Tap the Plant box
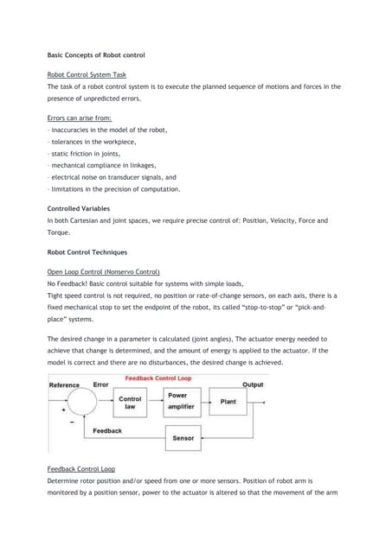[x=228, y=401]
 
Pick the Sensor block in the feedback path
[x=183, y=438]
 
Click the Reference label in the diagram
[x=64, y=385]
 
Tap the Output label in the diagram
[x=253, y=385]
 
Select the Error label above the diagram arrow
[x=100, y=385]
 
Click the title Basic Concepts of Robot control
[x=96, y=55]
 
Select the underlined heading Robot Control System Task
[x=87, y=75]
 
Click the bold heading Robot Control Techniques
[x=87, y=251]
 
